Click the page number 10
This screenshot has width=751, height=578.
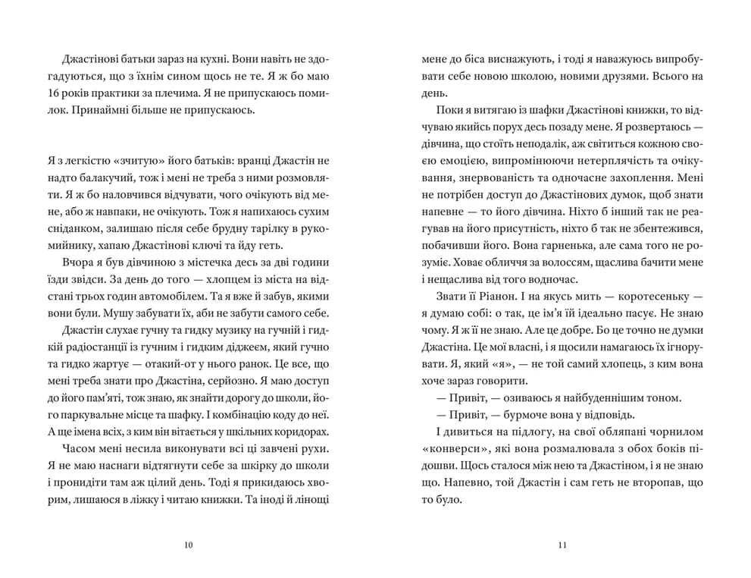click(x=188, y=545)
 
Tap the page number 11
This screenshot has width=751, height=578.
click(x=562, y=545)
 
